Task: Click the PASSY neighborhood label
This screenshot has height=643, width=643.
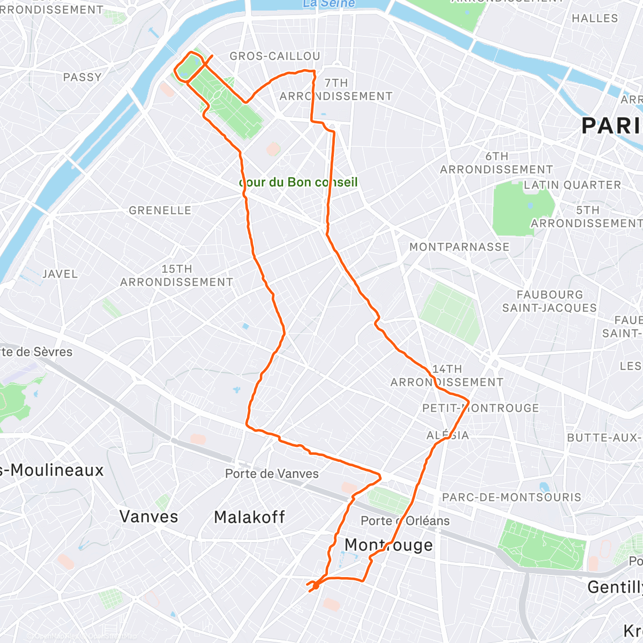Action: pyautogui.click(x=82, y=77)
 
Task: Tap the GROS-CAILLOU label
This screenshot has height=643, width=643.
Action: pyautogui.click(x=275, y=56)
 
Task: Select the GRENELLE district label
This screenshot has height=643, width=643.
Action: pyautogui.click(x=160, y=211)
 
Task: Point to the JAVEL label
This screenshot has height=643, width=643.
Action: pyautogui.click(x=60, y=274)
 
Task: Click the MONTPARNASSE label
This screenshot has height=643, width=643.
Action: pyautogui.click(x=459, y=247)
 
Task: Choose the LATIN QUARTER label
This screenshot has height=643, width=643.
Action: pyautogui.click(x=572, y=185)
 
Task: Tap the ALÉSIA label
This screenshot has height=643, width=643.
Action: pyautogui.click(x=448, y=435)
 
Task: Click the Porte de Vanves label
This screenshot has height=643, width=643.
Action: pyautogui.click(x=272, y=474)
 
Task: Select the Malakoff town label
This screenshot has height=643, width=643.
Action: pyautogui.click(x=249, y=517)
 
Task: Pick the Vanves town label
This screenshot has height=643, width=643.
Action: pyautogui.click(x=148, y=517)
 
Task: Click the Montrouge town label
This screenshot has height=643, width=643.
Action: pyautogui.click(x=388, y=545)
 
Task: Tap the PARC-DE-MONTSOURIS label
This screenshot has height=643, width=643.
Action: pyautogui.click(x=511, y=497)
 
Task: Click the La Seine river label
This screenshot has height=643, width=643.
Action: pyautogui.click(x=328, y=4)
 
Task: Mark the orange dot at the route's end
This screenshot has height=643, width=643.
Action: pyautogui.click(x=316, y=586)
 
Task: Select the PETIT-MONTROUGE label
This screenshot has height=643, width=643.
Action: pyautogui.click(x=481, y=408)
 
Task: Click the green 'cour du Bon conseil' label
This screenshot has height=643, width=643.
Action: pyautogui.click(x=298, y=182)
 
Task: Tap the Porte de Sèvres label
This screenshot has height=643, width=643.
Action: pyautogui.click(x=36, y=352)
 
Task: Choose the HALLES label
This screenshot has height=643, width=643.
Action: pyautogui.click(x=594, y=18)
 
